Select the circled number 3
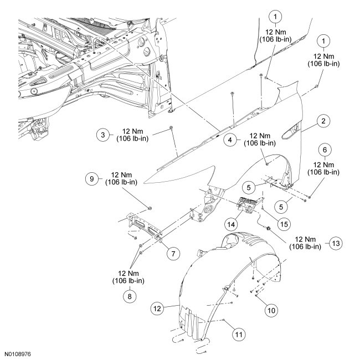tap(102, 134)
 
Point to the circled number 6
tap(325, 148)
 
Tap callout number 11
tap(238, 334)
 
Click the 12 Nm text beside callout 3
tap(128, 130)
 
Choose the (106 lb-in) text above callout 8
tap(129, 281)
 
